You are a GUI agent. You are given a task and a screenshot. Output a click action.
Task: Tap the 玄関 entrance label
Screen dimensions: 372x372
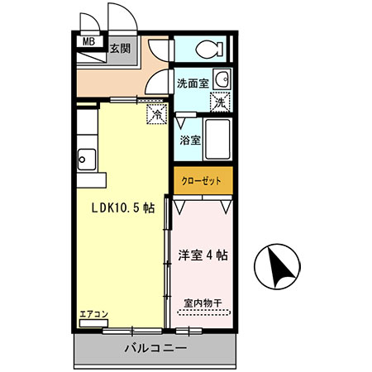[x=121, y=47]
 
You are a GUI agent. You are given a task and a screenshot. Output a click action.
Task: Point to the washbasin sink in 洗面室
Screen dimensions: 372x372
[x=221, y=80]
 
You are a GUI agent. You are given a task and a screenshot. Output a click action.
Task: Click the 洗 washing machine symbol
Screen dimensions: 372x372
[x=219, y=103]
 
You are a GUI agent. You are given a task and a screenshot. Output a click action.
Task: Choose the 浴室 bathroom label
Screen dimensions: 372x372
[x=190, y=140]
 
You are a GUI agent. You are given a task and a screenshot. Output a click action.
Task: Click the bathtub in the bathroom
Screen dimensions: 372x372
[x=219, y=141]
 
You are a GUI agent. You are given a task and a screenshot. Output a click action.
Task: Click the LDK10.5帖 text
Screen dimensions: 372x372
[x=122, y=208]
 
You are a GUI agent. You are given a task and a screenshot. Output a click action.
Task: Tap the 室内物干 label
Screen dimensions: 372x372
[x=203, y=303]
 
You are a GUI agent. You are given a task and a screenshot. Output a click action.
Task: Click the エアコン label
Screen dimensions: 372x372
[x=93, y=315]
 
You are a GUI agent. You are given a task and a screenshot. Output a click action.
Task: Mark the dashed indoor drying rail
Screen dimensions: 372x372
[x=203, y=312]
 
